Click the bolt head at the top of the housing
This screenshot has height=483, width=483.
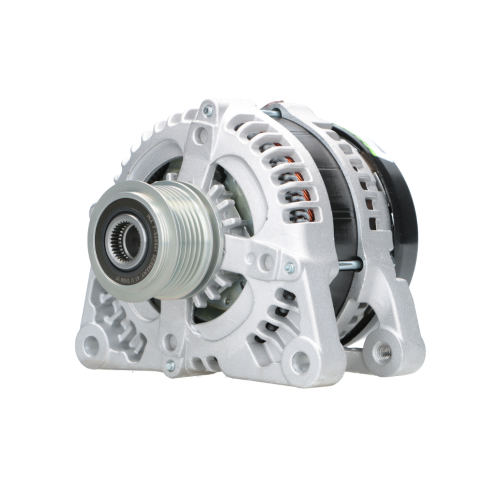pos(208,111)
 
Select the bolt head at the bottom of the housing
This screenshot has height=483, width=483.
pos(170,365)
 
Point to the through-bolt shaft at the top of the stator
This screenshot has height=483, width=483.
pos(271,114)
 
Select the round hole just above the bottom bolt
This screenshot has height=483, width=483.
pos(170,342)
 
